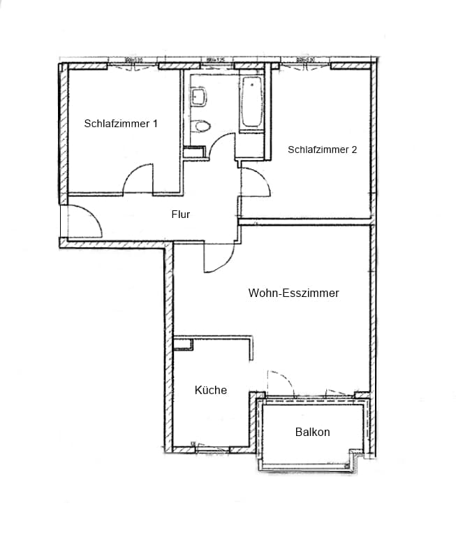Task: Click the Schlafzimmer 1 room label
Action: coord(121,124)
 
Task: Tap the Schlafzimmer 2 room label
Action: coord(322,149)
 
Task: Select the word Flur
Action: coord(181,215)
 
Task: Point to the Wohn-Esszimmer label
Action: coord(293,293)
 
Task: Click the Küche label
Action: coord(210,390)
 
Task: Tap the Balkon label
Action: coord(312,432)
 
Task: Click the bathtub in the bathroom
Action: coord(251,104)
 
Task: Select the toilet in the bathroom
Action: coord(202,126)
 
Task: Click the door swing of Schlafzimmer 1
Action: coord(138,179)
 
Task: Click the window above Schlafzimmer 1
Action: coord(133,65)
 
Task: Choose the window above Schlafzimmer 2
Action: coord(306,65)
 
